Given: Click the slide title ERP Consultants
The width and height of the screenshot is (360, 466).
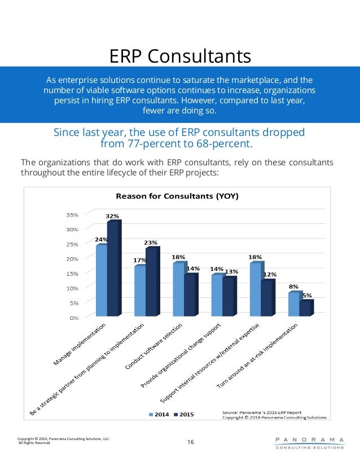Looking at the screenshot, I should point(179,56).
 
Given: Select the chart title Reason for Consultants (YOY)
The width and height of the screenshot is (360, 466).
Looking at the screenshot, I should point(177,196).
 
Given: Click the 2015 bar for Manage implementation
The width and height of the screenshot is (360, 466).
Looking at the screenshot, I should point(113,269).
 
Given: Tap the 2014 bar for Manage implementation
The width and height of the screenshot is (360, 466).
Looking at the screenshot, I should point(101,281).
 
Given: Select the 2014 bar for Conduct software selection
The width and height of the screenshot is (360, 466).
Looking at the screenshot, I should point(178,290).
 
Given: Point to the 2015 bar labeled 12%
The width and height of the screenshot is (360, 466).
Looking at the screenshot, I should point(266,298).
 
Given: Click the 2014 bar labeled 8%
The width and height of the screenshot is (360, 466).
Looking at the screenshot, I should point(293,305).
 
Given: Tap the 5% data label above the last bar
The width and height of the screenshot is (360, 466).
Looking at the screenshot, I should point(307,295).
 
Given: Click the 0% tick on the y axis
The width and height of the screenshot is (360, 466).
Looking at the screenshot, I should point(74,317).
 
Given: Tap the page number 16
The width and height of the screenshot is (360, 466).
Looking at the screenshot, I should point(190,442).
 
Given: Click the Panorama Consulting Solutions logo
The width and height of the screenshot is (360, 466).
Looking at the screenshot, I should point(309,442).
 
